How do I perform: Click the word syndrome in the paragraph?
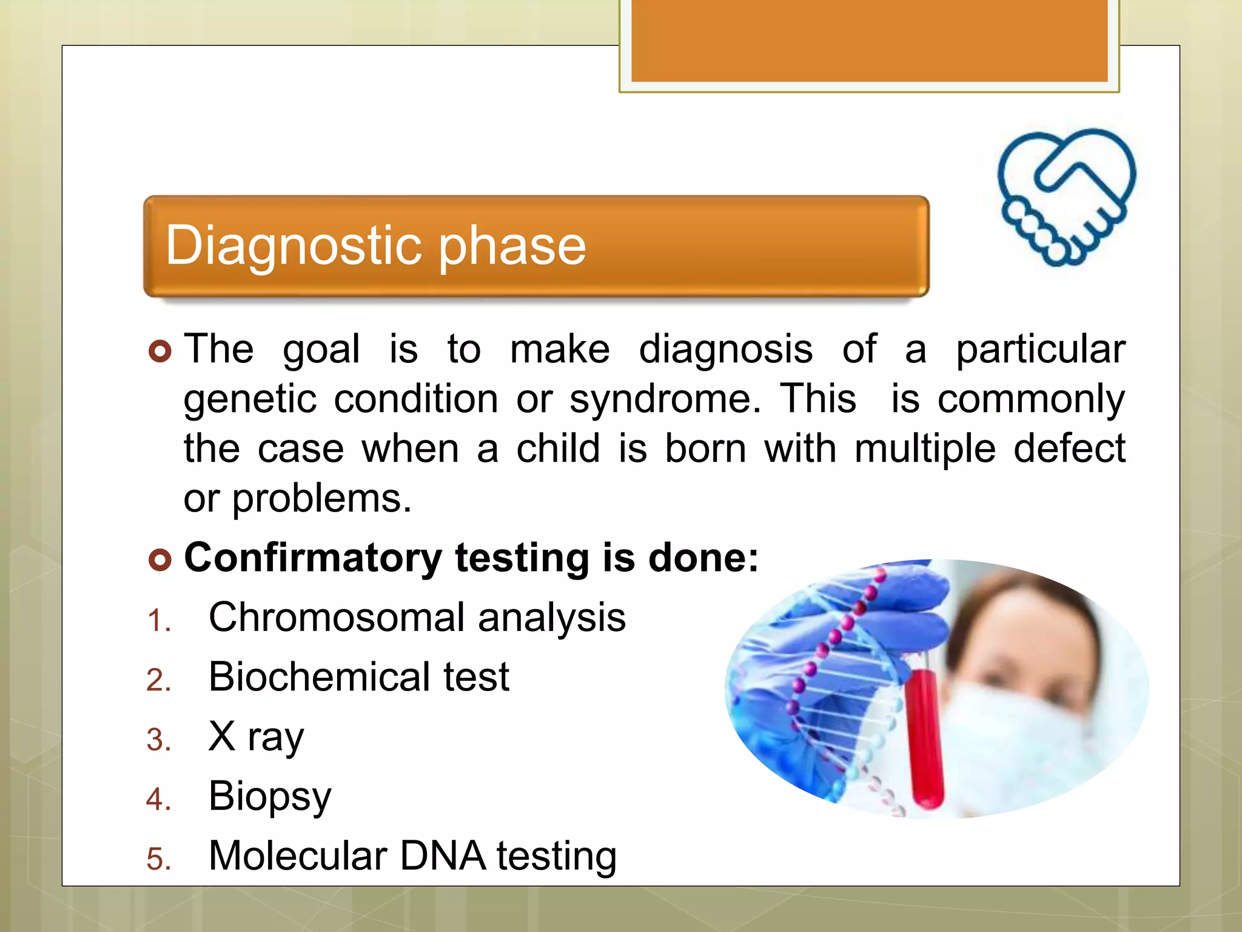[665, 400]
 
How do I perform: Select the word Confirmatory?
[313, 557]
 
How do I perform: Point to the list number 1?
[159, 621]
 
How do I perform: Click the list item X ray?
[256, 737]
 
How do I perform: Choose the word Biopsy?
[270, 796]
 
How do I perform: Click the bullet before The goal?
[160, 351]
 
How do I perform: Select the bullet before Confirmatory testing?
[160, 559]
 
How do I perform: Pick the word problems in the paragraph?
[321, 499]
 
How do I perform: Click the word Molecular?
[298, 856]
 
